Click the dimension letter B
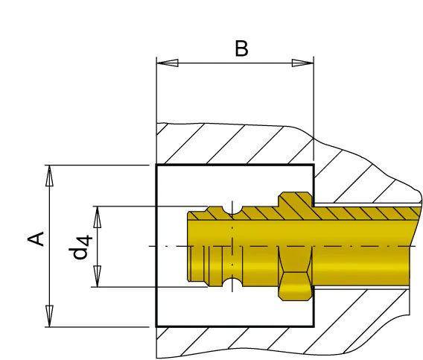(241, 48)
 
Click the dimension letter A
(36, 239)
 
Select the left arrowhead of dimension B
(168, 63)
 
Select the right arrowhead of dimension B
(302, 63)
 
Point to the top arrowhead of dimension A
(49, 176)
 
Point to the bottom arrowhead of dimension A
(49, 316)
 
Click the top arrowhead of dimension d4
(97, 217)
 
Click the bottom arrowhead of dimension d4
(97, 276)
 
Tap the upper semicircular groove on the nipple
(232, 210)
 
